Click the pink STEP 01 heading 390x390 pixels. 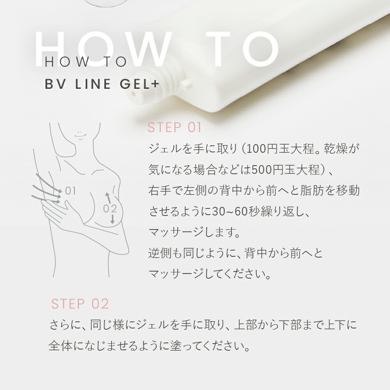[x=174, y=127]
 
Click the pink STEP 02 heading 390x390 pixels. [x=80, y=304]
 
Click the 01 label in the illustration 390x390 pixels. [x=71, y=191]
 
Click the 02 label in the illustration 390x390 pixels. [x=110, y=208]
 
